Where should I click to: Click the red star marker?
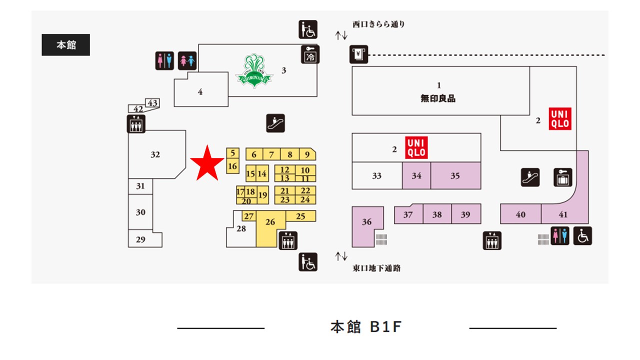pos(206,163)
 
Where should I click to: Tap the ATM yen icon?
pos(358,54)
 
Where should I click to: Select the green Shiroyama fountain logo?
pos(254,71)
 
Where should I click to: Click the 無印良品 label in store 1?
pos(438,98)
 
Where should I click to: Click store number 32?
pos(155,154)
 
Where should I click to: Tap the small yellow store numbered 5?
pos(232,153)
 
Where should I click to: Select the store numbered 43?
pos(153,103)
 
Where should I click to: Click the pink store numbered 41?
pos(563,214)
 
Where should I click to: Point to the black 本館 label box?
pos(65,45)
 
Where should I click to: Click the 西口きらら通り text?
pos(378,24)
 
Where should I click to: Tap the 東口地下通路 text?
pos(376,268)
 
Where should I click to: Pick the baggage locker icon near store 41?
pos(562,177)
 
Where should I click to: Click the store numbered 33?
pos(376,176)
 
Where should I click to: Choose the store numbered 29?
pos(140,239)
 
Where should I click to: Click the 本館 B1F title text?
pos(366,327)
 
